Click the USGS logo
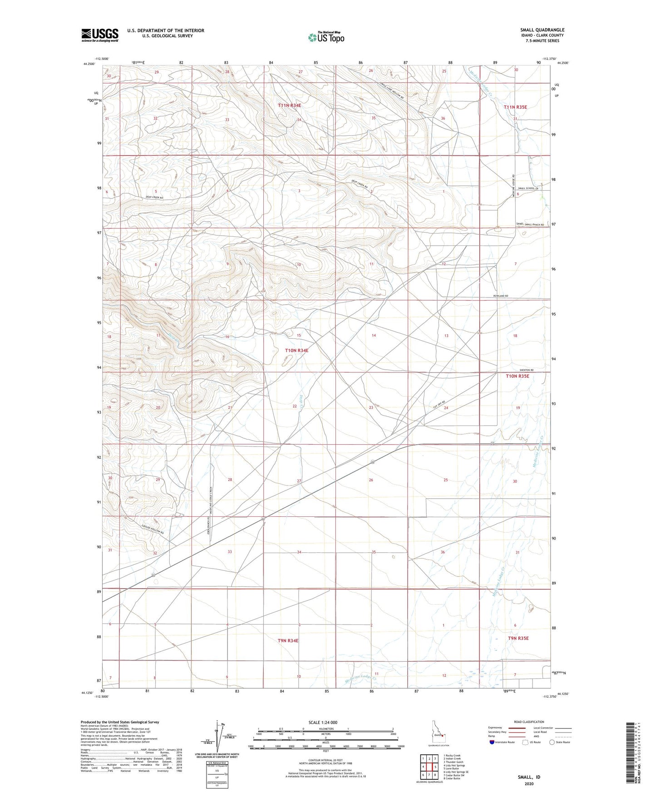click(x=100, y=35)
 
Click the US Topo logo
click(x=326, y=37)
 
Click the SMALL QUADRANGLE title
click(x=542, y=30)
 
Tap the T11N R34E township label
click(x=290, y=105)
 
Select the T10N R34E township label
click(x=296, y=351)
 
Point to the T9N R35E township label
click(x=518, y=638)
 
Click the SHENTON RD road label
click(x=526, y=370)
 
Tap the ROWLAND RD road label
click(x=500, y=296)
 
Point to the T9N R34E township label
click(x=288, y=640)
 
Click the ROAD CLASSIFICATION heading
click(x=529, y=722)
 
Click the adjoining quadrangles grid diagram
click(x=428, y=767)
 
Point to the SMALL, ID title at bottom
click(x=529, y=777)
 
